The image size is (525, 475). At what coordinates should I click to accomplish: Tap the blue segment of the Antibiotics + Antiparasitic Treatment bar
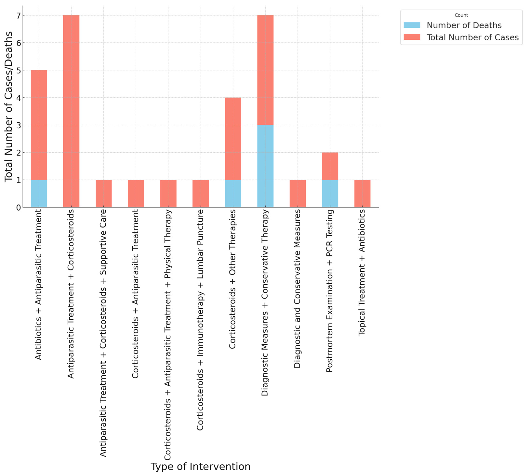tap(39, 193)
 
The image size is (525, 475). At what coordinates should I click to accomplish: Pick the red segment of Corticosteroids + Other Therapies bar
tap(233, 139)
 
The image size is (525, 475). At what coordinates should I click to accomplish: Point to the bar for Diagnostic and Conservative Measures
tap(297, 193)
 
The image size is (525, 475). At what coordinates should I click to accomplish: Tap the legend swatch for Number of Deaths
tap(412, 25)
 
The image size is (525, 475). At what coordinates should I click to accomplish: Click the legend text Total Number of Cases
tap(472, 37)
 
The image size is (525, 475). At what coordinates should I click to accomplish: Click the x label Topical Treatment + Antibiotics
tap(362, 272)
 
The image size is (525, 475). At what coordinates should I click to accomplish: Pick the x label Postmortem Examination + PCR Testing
tap(330, 291)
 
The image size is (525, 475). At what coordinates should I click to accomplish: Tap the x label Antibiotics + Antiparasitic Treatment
tap(39, 284)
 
